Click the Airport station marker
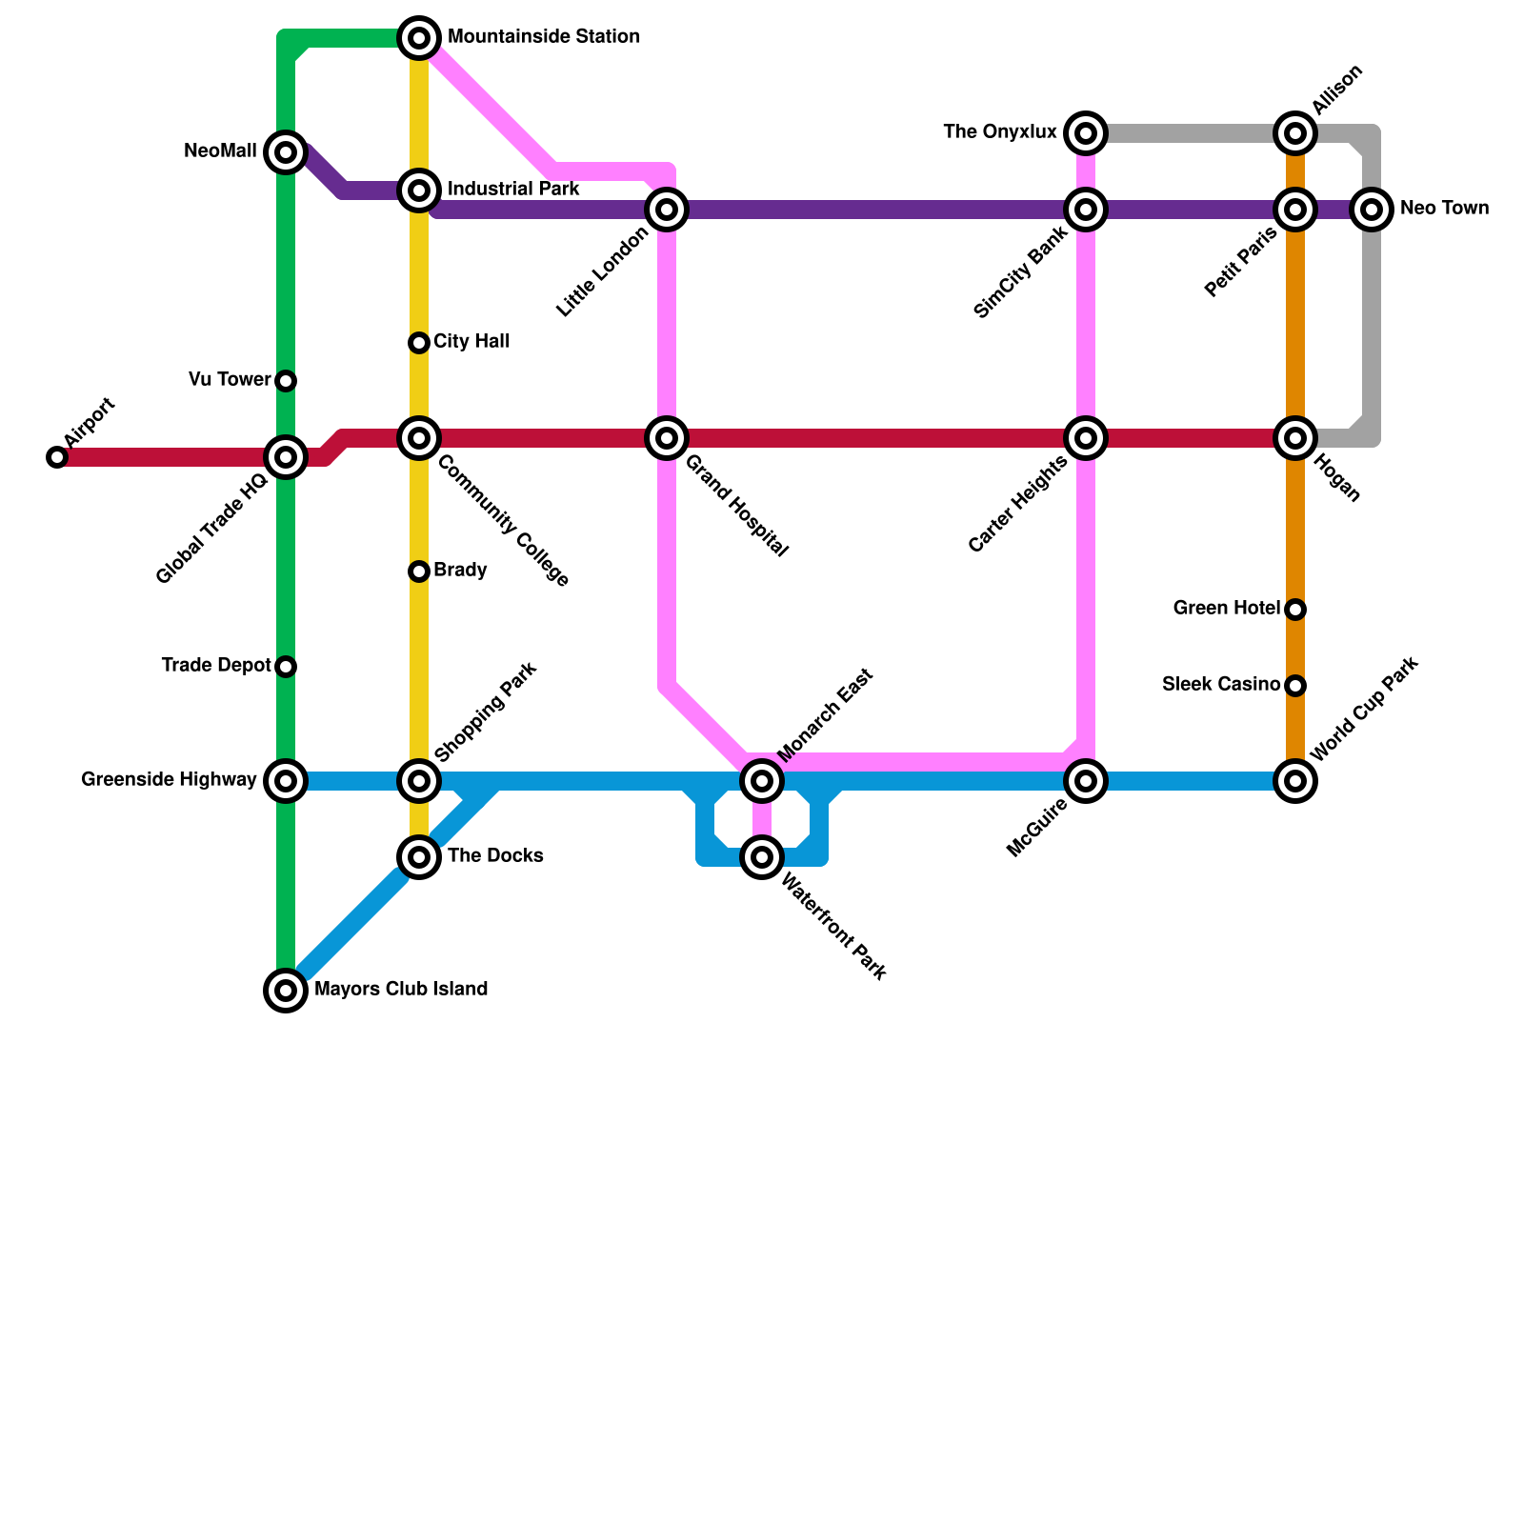click(x=57, y=457)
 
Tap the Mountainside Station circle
click(x=419, y=38)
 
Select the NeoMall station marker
click(x=286, y=152)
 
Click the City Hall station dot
click(x=419, y=343)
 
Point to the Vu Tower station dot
click(x=286, y=381)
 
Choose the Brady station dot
click(x=419, y=571)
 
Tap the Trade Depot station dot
click(x=286, y=667)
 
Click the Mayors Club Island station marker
click(x=286, y=991)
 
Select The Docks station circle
click(x=419, y=857)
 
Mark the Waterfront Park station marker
click(x=762, y=857)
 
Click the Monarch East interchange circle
click(x=762, y=781)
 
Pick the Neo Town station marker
click(x=1372, y=210)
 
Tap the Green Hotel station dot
click(x=1295, y=610)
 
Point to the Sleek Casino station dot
click(x=1295, y=686)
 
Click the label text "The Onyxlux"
click(x=1000, y=132)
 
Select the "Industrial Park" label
click(x=513, y=190)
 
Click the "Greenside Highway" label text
click(x=169, y=780)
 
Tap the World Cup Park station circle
click(x=1295, y=781)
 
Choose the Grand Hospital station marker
click(x=667, y=438)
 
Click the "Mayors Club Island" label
click(x=401, y=990)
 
